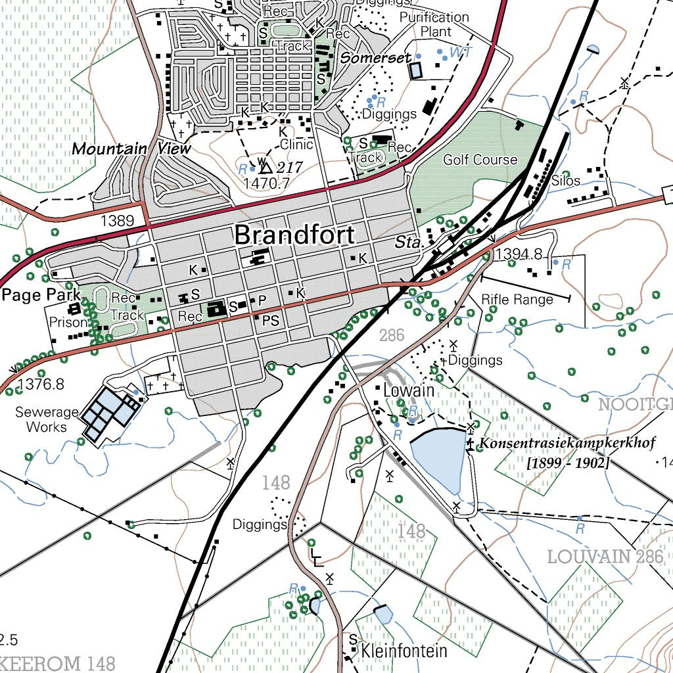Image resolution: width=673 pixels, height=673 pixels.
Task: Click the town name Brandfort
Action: [x=294, y=235]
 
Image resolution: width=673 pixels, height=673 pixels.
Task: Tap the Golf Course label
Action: [x=480, y=160]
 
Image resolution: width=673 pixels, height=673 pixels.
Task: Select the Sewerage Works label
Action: [x=46, y=419]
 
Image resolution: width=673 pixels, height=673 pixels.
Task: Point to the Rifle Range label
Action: [x=517, y=300]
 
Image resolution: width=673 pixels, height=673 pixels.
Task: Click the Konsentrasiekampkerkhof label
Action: [x=567, y=444]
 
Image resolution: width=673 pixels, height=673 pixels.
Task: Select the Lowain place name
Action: [x=408, y=390]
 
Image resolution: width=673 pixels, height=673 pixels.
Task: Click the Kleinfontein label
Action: [x=404, y=651]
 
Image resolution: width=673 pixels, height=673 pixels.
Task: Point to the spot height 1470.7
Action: [x=266, y=184]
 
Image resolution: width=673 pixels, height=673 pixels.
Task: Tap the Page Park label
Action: [x=41, y=294]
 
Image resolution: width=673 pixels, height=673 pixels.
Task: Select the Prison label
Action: [x=68, y=323]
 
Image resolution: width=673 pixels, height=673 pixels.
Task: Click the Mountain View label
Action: [x=131, y=149]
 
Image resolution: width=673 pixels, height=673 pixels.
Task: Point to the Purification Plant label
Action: [x=434, y=24]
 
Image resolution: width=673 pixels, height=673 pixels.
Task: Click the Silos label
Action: [x=566, y=181]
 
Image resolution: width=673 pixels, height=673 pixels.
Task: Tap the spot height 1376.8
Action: [x=41, y=384]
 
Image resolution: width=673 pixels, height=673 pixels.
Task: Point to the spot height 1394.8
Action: [x=519, y=254]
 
